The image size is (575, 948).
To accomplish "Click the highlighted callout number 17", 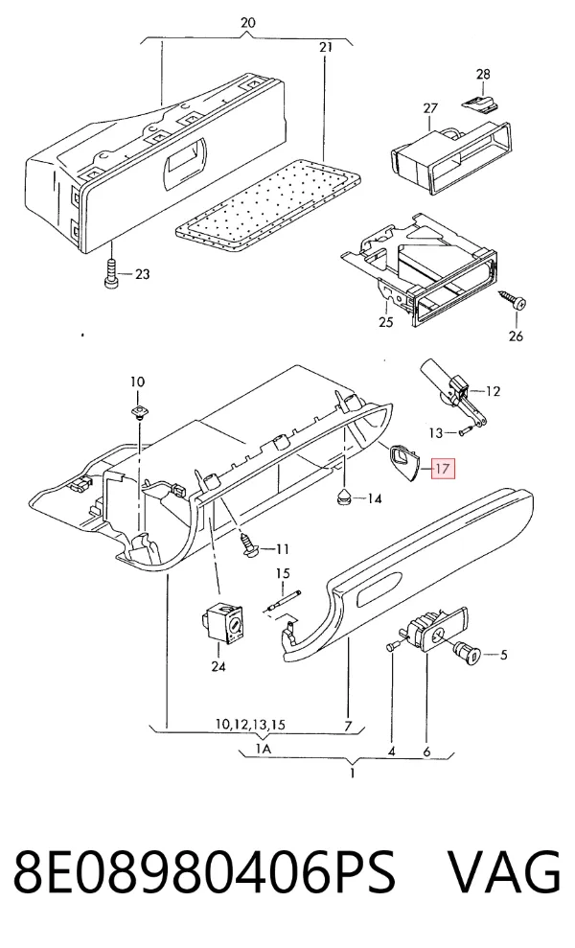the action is (x=443, y=469).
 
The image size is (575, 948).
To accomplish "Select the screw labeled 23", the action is (x=112, y=275).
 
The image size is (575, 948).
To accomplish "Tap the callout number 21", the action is (x=325, y=47).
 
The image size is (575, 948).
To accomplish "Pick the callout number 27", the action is (x=430, y=109).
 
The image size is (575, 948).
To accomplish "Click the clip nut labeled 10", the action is (x=139, y=412).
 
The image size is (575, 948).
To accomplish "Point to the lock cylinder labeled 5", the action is (x=468, y=653).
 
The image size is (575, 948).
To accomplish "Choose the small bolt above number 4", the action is (x=391, y=646).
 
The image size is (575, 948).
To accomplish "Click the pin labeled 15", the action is (x=282, y=602).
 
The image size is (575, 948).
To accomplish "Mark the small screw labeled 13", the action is (x=464, y=431).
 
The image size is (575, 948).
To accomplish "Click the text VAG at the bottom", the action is (x=504, y=871).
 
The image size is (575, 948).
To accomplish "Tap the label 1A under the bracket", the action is (x=263, y=750).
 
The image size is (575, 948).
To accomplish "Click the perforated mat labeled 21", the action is (x=267, y=206).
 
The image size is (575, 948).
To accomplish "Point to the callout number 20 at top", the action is (x=248, y=23).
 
